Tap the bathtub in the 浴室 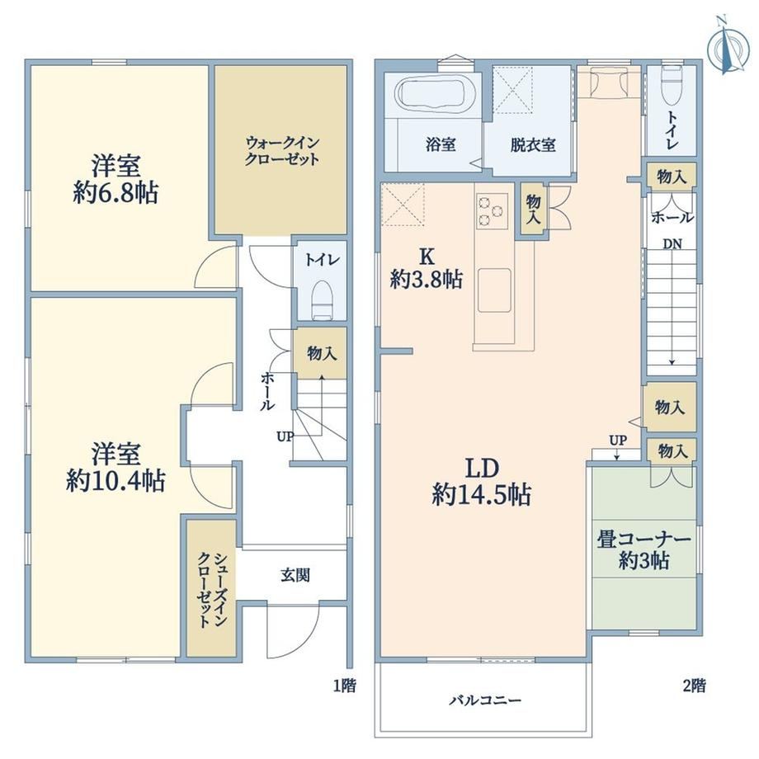click(434, 94)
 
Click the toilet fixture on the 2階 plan click(672, 86)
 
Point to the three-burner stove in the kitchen click(492, 211)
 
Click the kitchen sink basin click(494, 290)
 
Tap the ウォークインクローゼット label click(281, 151)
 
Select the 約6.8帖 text click(115, 194)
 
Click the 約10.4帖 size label click(115, 481)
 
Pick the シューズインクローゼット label click(211, 590)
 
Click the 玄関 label click(295, 575)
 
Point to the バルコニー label click(485, 700)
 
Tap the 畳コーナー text click(643, 540)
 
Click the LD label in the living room click(482, 469)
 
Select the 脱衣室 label click(532, 144)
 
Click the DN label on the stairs click(672, 244)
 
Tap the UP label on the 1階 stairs click(285, 436)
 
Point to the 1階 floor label click(345, 686)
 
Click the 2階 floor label click(694, 686)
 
